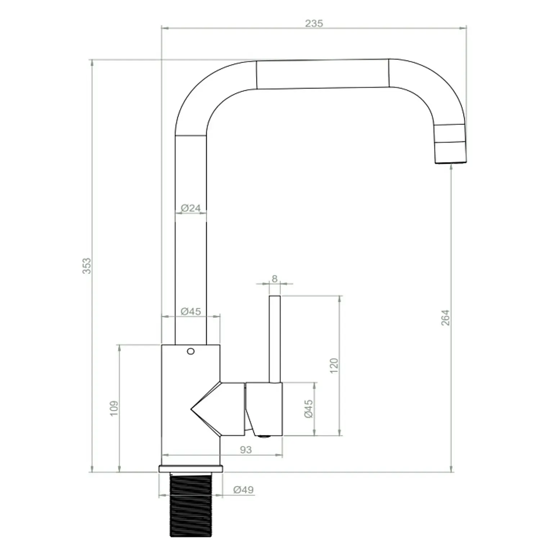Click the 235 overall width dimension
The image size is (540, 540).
[314, 23]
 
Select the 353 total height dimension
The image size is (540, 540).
[87, 266]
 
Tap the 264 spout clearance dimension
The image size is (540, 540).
[445, 318]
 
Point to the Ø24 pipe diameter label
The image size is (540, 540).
[190, 208]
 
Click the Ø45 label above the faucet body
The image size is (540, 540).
[190, 311]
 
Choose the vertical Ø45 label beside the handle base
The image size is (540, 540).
[309, 409]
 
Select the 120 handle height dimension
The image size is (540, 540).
[334, 365]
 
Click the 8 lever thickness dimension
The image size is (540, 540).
[275, 279]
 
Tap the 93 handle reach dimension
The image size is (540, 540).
[246, 450]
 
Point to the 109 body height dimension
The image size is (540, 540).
[114, 409]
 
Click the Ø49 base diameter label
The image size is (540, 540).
[243, 490]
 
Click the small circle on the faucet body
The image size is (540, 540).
[190, 351]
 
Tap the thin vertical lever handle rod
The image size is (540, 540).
[275, 338]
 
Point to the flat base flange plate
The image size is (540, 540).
[190, 469]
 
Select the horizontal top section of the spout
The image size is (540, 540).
[323, 74]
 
